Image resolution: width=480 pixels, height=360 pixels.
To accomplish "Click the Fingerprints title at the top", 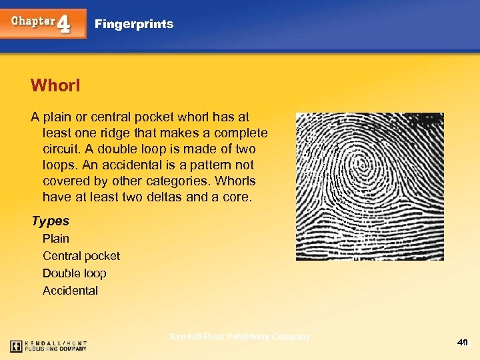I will pos(134,24).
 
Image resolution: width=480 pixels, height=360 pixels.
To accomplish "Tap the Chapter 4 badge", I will pos(43,23).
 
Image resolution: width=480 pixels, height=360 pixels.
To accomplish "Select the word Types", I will pos(50,221).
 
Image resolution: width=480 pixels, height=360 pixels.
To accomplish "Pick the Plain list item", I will pos(56,239).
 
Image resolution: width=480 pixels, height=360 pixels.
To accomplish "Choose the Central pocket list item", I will pos(81,256).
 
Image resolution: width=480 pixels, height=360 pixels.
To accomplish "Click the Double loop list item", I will pos(75,273).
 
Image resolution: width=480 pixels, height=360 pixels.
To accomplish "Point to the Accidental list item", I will pos(70,291).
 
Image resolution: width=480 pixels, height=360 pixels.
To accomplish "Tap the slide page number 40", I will pos(463,343).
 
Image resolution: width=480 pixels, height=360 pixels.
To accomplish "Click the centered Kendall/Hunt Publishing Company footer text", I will pos(240,337).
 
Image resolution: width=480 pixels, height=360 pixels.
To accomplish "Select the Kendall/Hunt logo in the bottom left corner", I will pos(49,345).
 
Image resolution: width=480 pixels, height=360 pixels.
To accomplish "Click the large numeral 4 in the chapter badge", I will pos(64,24).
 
